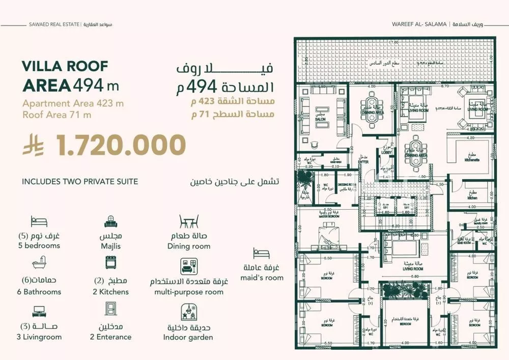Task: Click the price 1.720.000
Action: [121, 146]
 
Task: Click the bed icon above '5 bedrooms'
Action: [39, 221]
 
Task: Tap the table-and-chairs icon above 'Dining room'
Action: [188, 223]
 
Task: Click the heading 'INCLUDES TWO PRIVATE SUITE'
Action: [80, 181]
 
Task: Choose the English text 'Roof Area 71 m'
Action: [57, 115]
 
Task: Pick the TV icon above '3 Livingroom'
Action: [39, 311]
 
